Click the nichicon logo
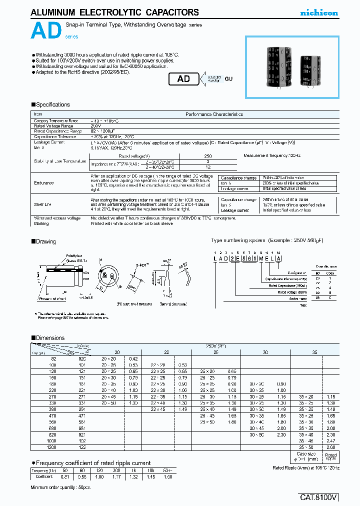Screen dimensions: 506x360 point(318,13)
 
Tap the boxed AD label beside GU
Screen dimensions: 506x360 point(183,79)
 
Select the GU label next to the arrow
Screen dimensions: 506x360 point(228,79)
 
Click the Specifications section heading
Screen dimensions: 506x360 point(52,104)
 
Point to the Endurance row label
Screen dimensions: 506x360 point(44,183)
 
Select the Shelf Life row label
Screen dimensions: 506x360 point(43,204)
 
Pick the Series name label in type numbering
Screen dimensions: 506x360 point(299,298)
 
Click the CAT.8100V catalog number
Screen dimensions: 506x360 point(319,497)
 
